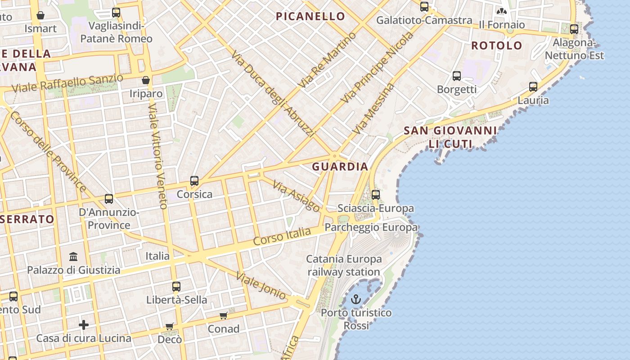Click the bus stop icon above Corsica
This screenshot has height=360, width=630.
194,181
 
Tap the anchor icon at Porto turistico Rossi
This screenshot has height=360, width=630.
356,299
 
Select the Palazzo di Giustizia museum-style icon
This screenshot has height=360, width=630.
73,256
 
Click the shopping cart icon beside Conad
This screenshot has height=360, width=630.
224,315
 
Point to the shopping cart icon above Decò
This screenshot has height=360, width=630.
170,326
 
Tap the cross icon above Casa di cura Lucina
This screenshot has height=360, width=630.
84,325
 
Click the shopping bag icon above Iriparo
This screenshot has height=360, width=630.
145,80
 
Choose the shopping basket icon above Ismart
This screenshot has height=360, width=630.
40,15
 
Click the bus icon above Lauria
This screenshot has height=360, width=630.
533,87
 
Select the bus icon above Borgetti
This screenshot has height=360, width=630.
457,76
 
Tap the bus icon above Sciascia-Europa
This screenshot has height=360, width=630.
376,195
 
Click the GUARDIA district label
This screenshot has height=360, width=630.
340,166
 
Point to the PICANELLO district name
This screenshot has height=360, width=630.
310,17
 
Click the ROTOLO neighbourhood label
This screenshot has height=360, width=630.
496,45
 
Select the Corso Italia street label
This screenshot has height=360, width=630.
282,236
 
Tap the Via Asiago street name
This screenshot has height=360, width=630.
297,197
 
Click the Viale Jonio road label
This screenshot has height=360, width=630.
261,286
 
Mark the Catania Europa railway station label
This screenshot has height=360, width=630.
344,265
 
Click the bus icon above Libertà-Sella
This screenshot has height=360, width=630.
176,287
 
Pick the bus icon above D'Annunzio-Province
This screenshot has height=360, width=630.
108,199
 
